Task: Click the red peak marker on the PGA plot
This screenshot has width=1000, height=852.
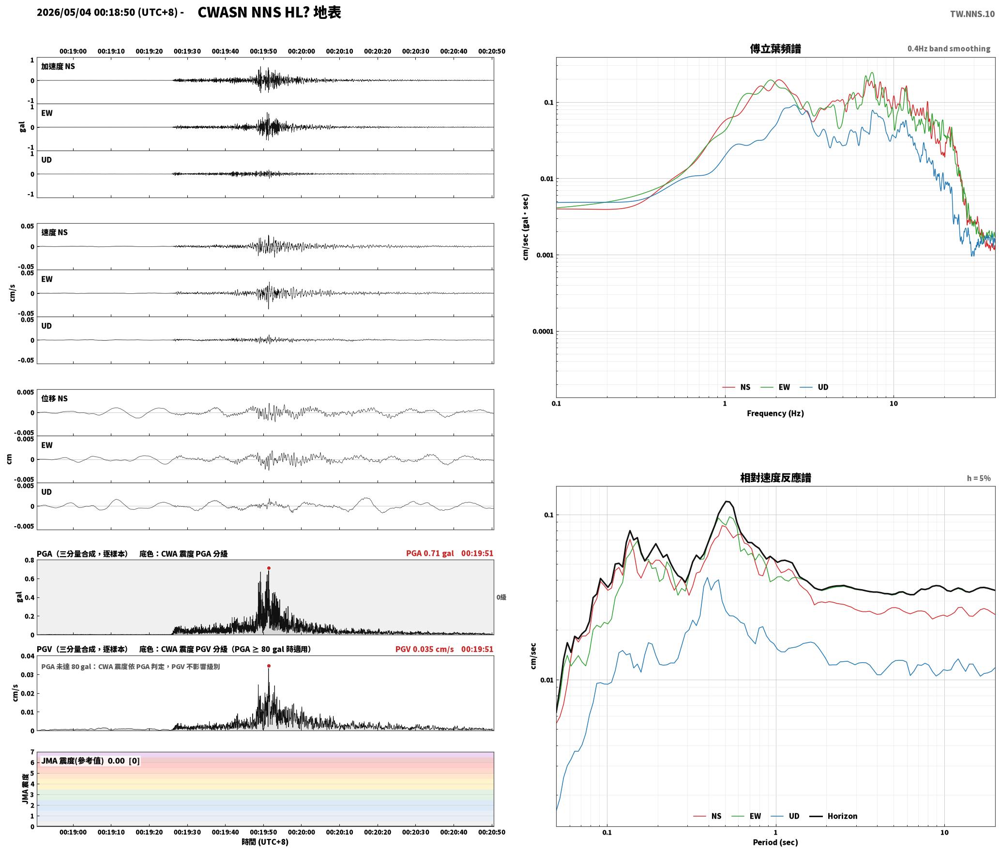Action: tap(269, 568)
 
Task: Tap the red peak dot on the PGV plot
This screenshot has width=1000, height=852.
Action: tap(269, 666)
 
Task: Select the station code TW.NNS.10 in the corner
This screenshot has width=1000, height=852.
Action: tap(972, 14)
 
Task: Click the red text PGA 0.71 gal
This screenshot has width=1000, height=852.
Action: tap(430, 553)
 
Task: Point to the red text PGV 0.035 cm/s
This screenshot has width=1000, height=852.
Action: tap(424, 649)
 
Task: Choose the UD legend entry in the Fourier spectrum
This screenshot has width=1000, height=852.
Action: tap(814, 387)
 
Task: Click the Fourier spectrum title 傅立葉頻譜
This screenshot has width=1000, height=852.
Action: tap(775, 49)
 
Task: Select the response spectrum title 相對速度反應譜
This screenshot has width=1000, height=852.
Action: tap(775, 478)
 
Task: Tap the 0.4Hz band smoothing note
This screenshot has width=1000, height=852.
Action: tap(949, 49)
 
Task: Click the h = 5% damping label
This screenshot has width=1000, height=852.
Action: tap(979, 478)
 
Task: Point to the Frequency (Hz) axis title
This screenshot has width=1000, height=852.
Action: tap(775, 413)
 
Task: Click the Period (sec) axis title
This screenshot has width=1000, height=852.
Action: tap(775, 842)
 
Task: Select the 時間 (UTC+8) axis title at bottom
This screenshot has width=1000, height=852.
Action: tap(265, 842)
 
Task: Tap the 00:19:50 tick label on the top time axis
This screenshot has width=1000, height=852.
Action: tap(263, 51)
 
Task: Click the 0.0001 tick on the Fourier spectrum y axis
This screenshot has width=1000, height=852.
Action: tap(543, 332)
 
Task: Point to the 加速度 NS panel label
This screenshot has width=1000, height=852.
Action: tap(58, 66)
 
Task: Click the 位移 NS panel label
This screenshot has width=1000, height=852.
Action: tap(55, 398)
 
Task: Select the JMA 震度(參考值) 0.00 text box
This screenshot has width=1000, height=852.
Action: tap(91, 761)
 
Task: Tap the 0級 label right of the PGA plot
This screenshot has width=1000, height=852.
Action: tap(501, 597)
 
